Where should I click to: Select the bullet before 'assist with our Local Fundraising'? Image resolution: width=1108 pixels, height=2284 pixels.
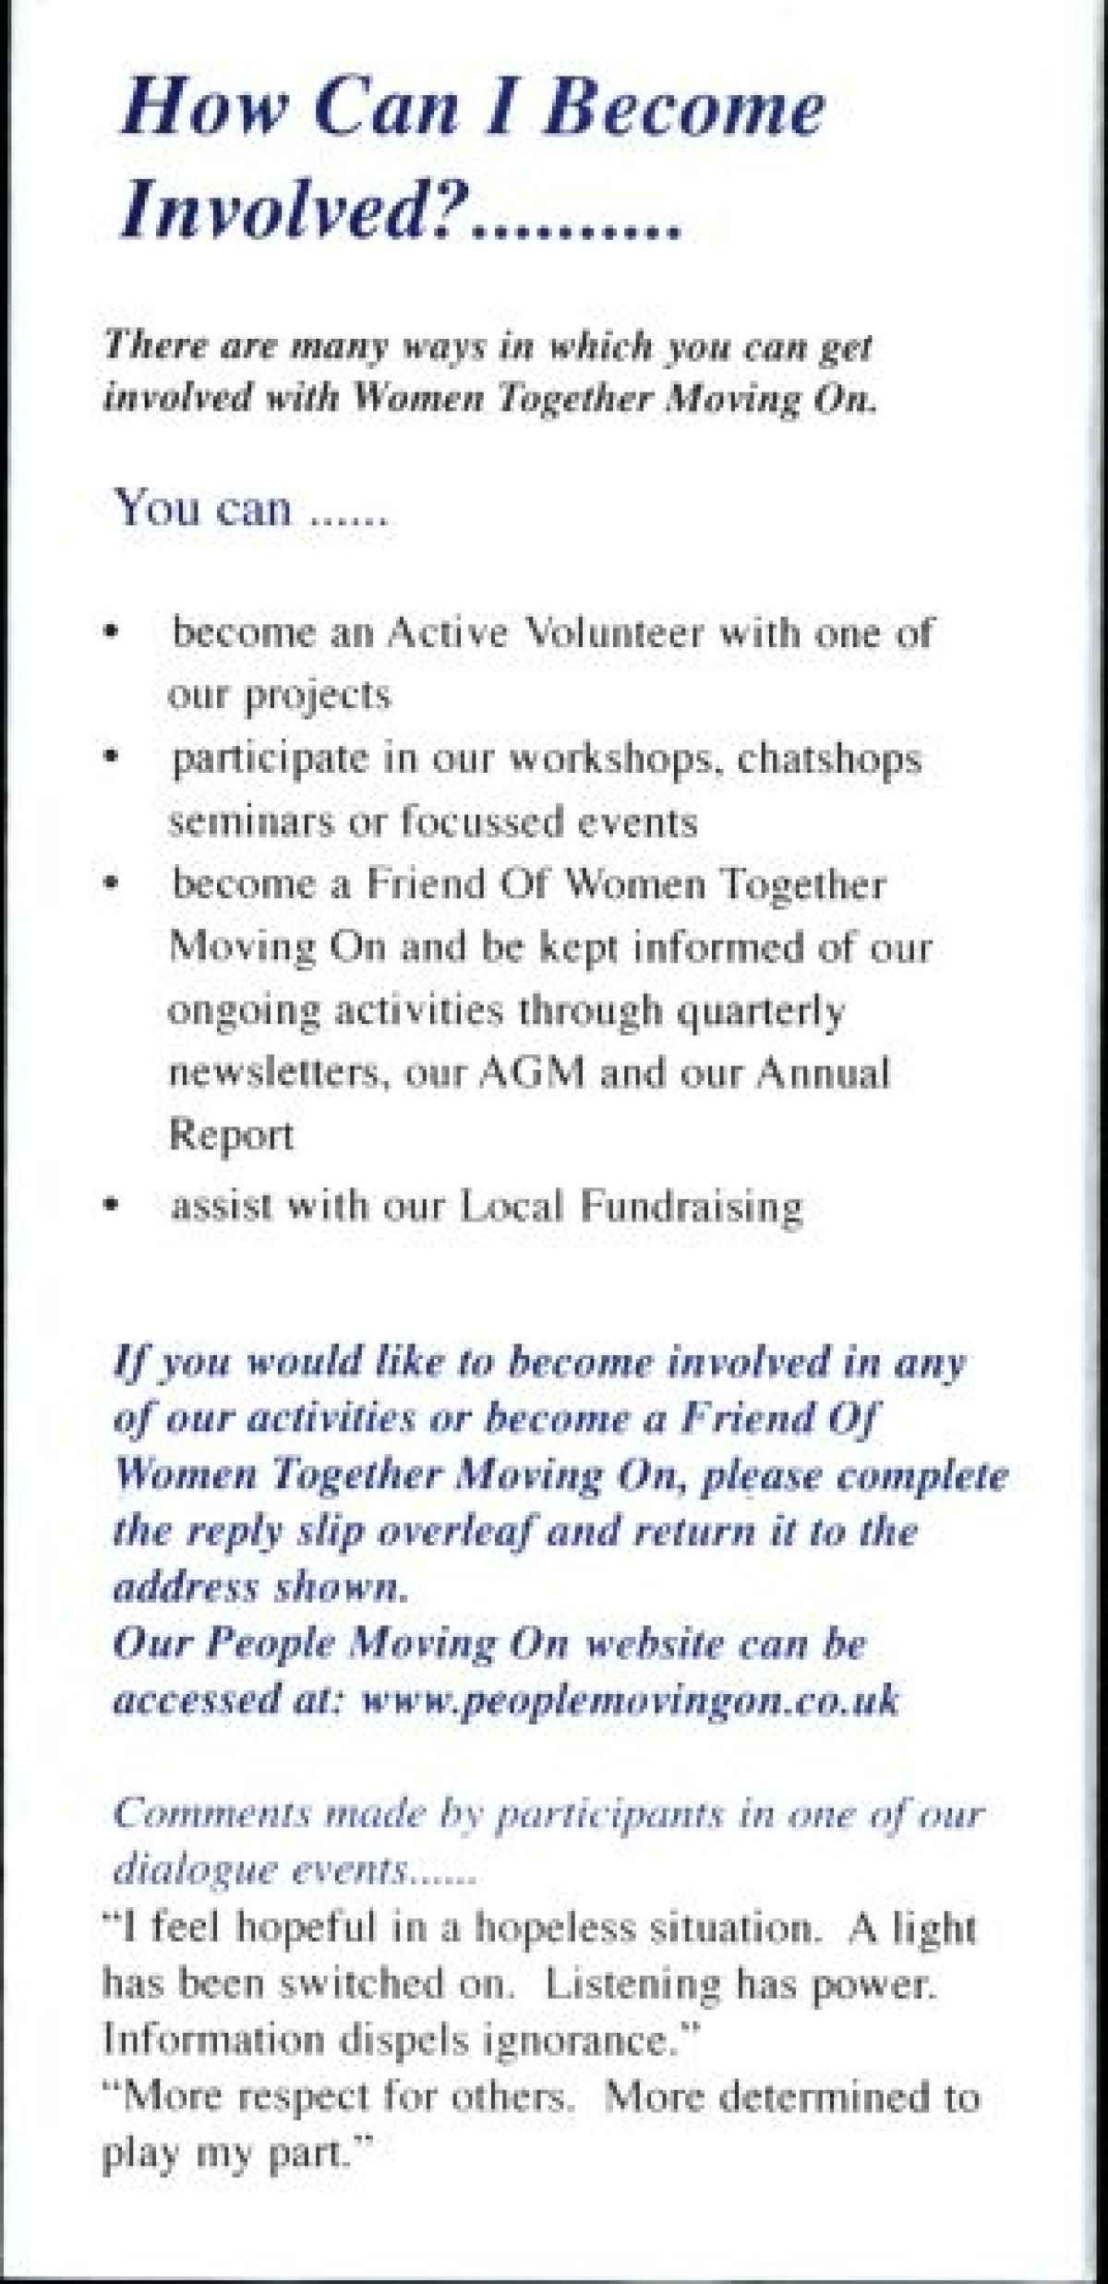(112, 1206)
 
